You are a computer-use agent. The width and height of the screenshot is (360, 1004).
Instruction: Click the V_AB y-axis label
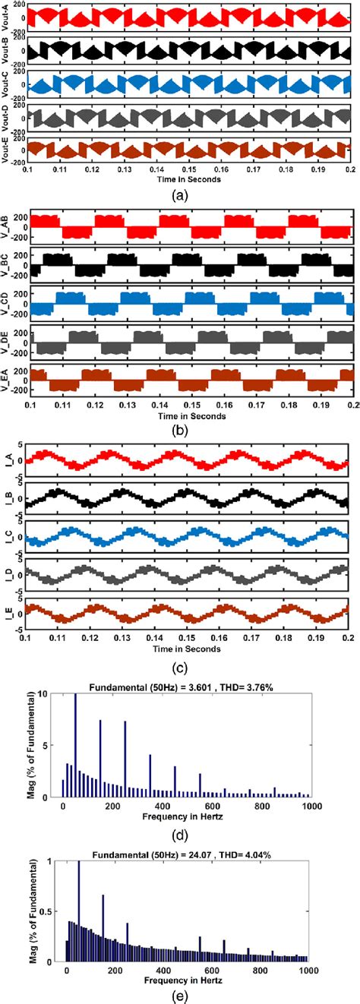[x=7, y=231]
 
